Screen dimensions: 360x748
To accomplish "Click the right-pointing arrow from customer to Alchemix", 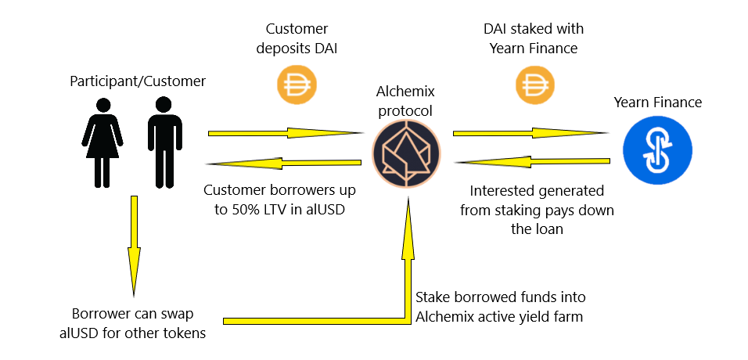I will pyautogui.click(x=281, y=133).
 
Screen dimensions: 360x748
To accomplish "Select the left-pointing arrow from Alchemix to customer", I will pyautogui.click(x=281, y=163).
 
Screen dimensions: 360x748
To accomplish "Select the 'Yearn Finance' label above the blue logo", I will pyautogui.click(x=657, y=103).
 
